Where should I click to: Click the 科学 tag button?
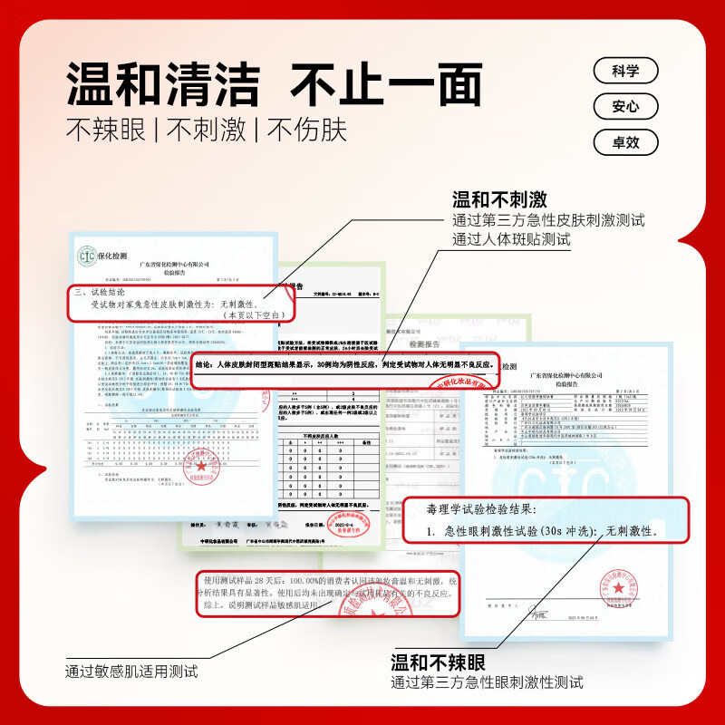coord(625,71)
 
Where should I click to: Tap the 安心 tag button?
coord(625,107)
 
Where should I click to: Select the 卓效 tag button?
coord(625,142)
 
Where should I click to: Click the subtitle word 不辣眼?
coord(105,130)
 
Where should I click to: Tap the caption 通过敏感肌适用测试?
coord(131,672)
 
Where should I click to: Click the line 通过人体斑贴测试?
coord(512,239)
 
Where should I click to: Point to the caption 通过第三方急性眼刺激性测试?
coord(487,682)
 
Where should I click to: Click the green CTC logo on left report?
coord(89,256)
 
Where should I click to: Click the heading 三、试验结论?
coord(105,293)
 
